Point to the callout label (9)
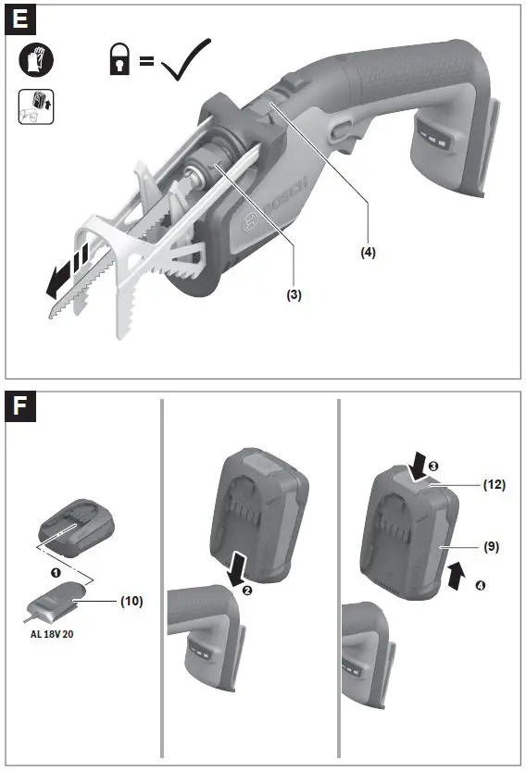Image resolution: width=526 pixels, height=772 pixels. pos(491,546)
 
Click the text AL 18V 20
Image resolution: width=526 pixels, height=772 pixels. pos(55,636)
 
